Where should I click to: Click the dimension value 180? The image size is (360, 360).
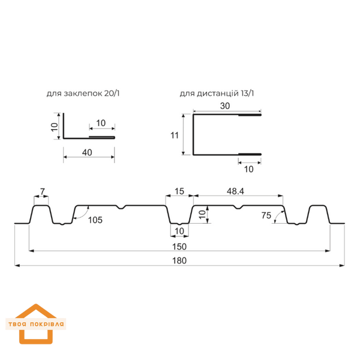click(179, 260)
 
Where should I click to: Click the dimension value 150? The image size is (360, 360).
click(179, 247)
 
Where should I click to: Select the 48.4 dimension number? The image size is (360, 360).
click(235, 191)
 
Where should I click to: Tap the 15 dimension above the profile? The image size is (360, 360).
click(179, 191)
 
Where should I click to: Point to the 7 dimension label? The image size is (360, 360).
click(43, 191)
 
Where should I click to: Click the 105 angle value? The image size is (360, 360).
click(95, 220)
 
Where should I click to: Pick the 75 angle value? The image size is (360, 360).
click(266, 215)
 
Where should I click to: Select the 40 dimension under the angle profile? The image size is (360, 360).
click(87, 152)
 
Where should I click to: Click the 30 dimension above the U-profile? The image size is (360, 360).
click(225, 106)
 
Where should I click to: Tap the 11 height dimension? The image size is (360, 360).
click(175, 135)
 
